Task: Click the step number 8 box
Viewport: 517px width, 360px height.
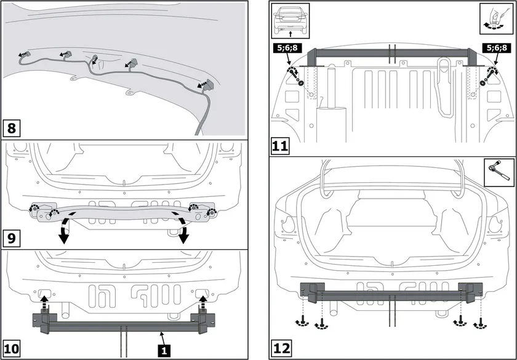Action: coord(12,128)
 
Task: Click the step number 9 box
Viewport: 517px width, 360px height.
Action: coord(12,238)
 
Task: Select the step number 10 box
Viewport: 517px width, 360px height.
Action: coord(11,349)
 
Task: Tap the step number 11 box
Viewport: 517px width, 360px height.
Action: coord(280,146)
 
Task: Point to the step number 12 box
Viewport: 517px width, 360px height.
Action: coord(281,349)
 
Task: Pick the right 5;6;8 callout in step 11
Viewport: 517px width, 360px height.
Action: coord(495,48)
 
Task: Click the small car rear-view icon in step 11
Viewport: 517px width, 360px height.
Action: coord(291,21)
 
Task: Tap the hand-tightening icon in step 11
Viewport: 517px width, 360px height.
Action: coord(495,19)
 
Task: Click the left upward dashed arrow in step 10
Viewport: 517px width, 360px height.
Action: coord(44,303)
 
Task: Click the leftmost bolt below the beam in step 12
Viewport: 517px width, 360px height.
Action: coord(302,321)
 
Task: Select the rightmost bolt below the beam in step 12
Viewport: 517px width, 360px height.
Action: coord(481,324)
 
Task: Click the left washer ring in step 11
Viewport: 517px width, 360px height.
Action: coord(301,82)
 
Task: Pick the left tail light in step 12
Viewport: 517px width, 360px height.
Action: coord(289,225)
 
